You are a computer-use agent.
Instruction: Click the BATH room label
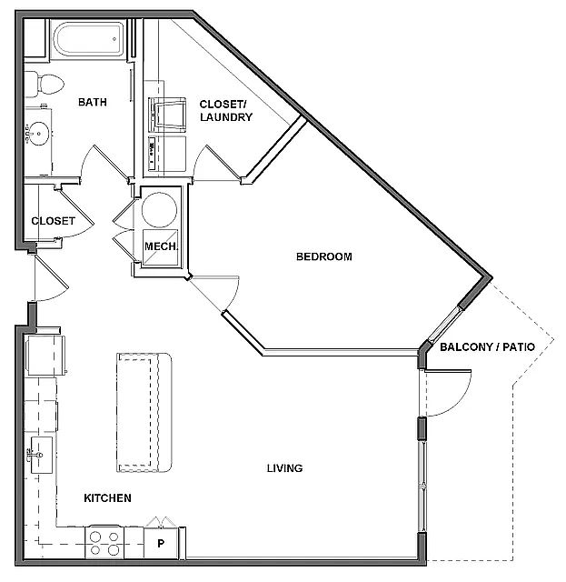click(92, 103)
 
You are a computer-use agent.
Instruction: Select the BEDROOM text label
click(323, 256)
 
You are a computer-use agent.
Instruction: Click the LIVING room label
click(284, 468)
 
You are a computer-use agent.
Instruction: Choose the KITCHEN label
click(108, 498)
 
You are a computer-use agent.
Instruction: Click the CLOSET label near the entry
click(53, 221)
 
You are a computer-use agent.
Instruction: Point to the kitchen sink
click(41, 451)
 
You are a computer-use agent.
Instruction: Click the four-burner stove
click(104, 543)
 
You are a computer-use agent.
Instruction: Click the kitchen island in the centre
click(144, 412)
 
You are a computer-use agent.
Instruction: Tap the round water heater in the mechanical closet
click(160, 208)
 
